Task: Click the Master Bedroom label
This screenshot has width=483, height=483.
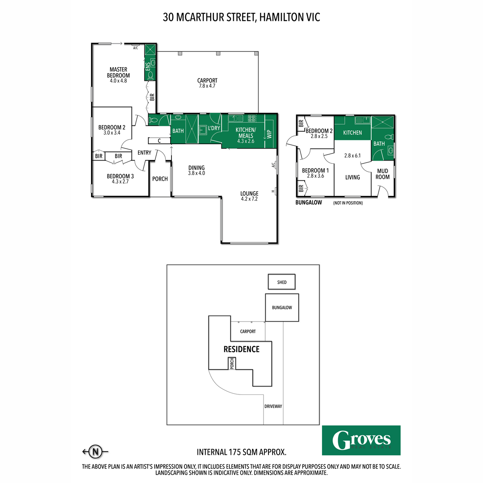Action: click(x=118, y=75)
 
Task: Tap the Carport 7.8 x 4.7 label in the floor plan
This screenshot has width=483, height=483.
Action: click(x=207, y=83)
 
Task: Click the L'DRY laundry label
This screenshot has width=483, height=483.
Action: click(x=214, y=128)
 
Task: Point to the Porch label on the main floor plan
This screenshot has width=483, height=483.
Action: click(x=160, y=179)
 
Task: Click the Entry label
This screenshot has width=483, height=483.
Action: click(x=144, y=153)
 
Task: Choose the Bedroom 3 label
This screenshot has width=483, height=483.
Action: click(x=120, y=179)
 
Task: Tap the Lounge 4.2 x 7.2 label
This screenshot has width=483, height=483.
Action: click(x=249, y=196)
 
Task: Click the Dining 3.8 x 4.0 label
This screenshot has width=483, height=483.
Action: click(x=196, y=170)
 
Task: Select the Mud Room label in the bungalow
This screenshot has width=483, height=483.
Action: click(x=382, y=174)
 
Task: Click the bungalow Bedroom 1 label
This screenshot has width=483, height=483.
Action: click(x=315, y=173)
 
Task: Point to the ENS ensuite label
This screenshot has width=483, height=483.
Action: click(x=148, y=66)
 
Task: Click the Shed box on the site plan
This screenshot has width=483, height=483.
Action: click(x=282, y=282)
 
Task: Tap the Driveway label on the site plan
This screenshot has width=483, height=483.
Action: click(x=273, y=406)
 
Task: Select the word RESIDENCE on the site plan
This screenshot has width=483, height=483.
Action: click(x=242, y=349)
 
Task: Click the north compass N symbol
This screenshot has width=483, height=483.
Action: click(x=95, y=451)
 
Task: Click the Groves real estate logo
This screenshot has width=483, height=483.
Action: click(x=361, y=440)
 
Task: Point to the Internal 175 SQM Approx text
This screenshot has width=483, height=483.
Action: click(x=242, y=452)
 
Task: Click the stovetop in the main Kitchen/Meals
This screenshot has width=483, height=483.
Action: click(x=252, y=118)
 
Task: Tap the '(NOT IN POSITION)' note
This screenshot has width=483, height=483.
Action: click(x=348, y=203)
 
